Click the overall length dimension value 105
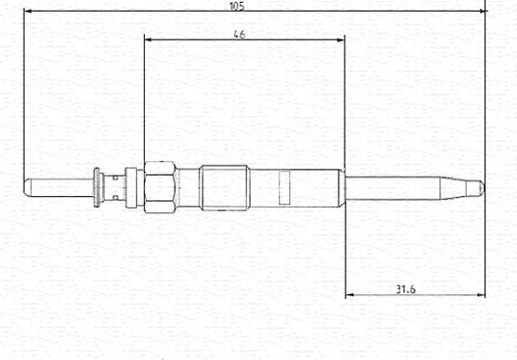tap(237, 6)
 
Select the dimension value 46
tap(240, 35)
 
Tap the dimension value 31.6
tap(406, 290)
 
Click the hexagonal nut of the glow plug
tap(160, 187)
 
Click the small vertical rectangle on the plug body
tap(284, 188)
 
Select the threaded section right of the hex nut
tap(225, 188)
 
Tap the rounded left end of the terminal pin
tap(27, 188)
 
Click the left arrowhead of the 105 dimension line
tap(28, 11)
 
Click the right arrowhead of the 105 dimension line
tap(482, 11)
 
